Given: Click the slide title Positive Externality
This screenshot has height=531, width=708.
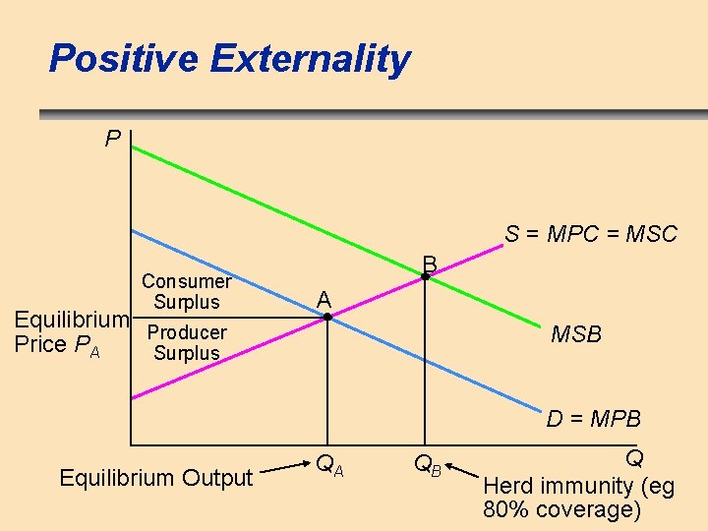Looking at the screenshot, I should point(229,59).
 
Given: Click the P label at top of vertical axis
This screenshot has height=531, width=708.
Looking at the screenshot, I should point(113,139).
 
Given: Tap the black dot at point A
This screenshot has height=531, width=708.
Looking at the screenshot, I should point(328,317).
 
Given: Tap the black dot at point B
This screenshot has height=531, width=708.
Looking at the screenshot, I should point(425,278).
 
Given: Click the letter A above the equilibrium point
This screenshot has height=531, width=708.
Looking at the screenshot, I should point(324,299).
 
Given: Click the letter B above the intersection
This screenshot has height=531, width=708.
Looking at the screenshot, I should point(430,263).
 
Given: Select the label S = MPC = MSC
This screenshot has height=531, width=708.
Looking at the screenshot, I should point(590,234).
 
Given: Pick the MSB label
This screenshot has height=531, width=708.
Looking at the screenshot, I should point(576,335).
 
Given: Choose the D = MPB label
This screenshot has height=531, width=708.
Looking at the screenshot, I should point(593,420).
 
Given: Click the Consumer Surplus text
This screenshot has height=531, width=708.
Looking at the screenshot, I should point(187,291).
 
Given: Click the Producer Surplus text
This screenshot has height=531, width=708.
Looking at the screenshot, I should point(187,342).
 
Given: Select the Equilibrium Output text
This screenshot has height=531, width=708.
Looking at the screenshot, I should point(156,479).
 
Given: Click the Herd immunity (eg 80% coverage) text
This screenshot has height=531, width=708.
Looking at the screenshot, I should point(578,498).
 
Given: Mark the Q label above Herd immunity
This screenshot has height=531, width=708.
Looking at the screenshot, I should point(634,459).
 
